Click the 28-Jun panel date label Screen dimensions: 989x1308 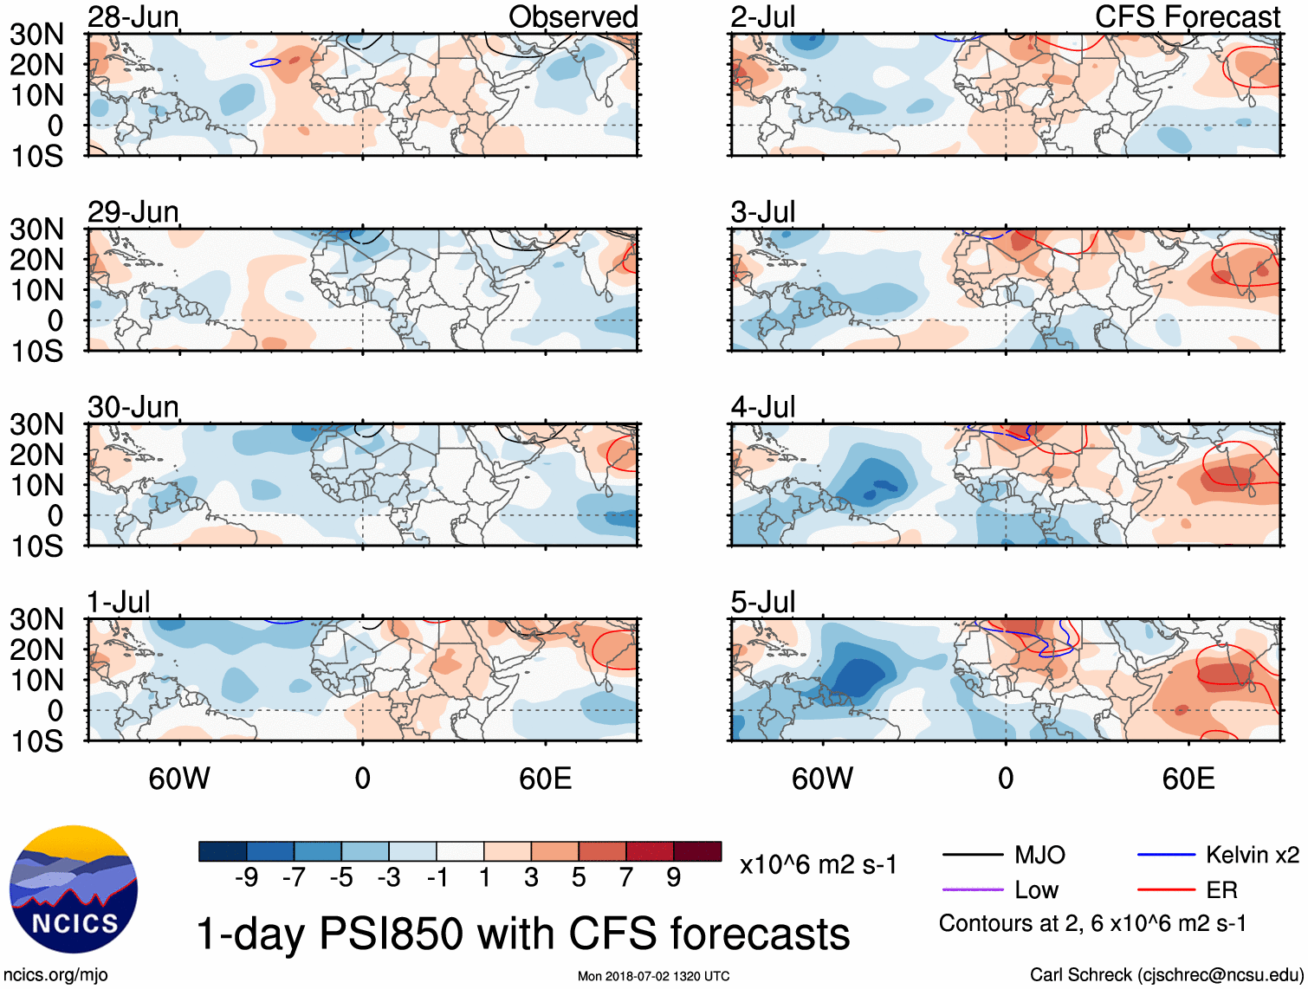[x=133, y=17]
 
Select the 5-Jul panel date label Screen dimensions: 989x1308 [x=762, y=602]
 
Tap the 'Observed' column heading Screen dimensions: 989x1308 [x=573, y=17]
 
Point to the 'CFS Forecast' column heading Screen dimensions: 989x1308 [x=1187, y=17]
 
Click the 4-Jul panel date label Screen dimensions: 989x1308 [x=762, y=407]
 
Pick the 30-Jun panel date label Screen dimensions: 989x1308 [x=133, y=407]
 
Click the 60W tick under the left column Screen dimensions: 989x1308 [x=179, y=779]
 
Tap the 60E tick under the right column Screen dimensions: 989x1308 [x=1188, y=779]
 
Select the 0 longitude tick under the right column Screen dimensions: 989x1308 [x=1005, y=779]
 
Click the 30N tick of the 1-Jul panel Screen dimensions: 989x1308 [x=36, y=619]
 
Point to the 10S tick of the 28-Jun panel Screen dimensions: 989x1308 [x=36, y=157]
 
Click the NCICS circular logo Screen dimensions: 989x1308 [x=74, y=889]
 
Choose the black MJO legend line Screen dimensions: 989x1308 [x=972, y=855]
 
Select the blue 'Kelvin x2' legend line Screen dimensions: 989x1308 [x=1166, y=855]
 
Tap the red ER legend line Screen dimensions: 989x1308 [x=1166, y=889]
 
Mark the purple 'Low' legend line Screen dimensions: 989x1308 [x=972, y=889]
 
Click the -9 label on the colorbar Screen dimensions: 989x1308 [x=247, y=878]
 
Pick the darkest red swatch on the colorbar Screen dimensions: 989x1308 [x=697, y=851]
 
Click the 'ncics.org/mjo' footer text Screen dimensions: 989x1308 [x=55, y=975]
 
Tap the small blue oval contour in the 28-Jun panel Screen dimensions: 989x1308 [x=265, y=62]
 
